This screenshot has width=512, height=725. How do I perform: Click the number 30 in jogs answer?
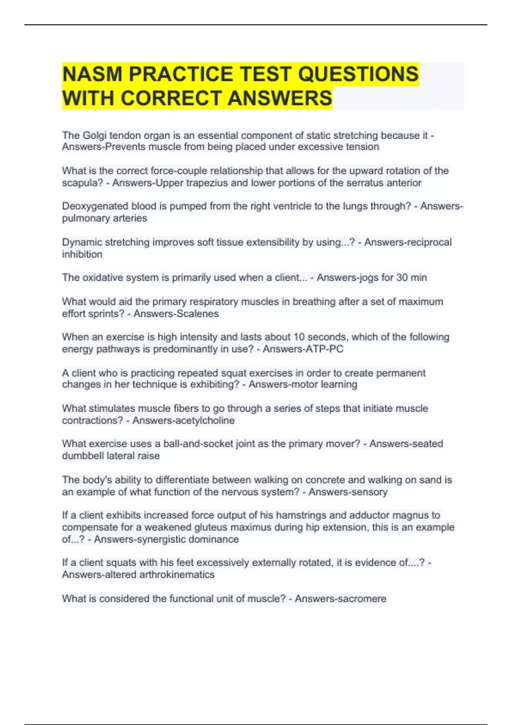[402, 278]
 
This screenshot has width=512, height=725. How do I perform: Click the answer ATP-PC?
[324, 349]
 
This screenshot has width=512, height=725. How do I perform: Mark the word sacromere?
[362, 599]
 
